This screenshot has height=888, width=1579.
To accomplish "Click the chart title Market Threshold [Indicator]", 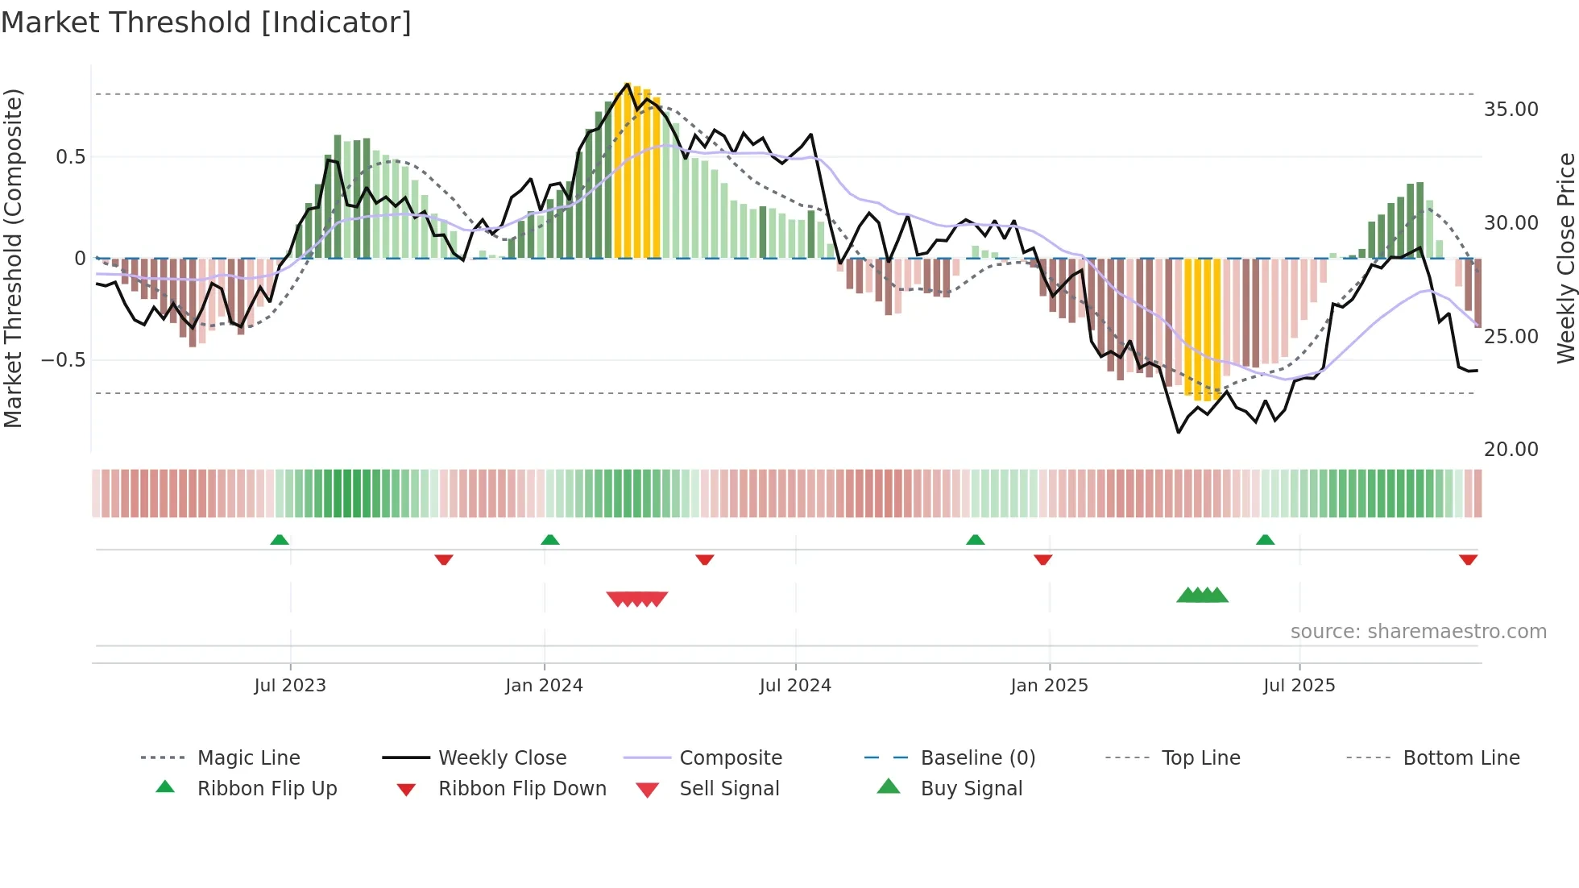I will [206, 23].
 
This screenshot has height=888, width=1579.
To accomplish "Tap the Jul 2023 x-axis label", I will [290, 686].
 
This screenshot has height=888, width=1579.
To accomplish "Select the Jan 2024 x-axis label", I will [544, 686].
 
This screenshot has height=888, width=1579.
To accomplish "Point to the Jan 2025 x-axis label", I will [1049, 686].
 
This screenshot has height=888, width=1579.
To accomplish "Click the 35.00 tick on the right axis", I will [1511, 110].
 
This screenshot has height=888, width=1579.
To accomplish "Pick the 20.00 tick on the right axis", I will [1511, 450].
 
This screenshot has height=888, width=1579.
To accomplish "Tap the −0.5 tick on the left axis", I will [63, 359].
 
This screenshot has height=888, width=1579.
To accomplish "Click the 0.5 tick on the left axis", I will [70, 157].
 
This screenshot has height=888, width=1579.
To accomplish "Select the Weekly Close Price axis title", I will [1565, 258].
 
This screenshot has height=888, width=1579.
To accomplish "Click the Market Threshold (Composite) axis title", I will [13, 258].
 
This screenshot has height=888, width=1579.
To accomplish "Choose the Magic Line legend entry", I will [248, 758].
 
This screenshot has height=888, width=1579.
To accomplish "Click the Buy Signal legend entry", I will [971, 789].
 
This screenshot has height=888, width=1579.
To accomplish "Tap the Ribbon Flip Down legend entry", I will [521, 789].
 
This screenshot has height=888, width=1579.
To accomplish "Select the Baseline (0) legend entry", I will [977, 758].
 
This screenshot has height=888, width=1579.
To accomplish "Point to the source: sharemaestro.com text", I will [1418, 632].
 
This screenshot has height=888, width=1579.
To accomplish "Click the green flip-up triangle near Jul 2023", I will [280, 540].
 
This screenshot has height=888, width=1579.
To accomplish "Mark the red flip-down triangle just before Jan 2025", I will [1042, 559].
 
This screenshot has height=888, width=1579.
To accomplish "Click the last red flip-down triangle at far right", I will [1468, 559].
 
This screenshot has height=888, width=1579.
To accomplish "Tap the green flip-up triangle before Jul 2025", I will [1265, 540].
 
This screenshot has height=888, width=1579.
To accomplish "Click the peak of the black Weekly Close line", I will [628, 84].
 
